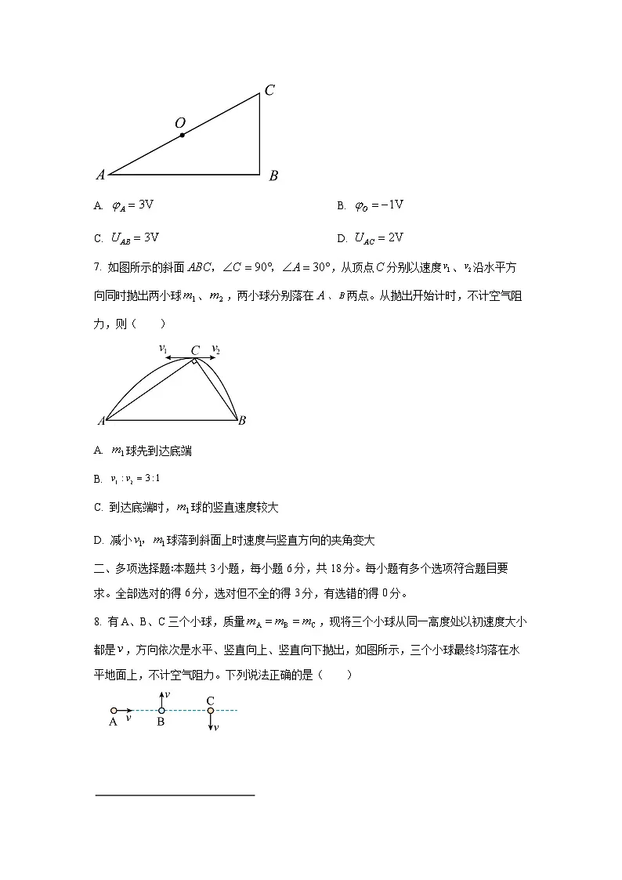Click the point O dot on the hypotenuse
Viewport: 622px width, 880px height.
pyautogui.click(x=183, y=135)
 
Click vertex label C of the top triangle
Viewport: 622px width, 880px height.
pyautogui.click(x=269, y=90)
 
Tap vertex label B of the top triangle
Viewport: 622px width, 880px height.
pyautogui.click(x=273, y=176)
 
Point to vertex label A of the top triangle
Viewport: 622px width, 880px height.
pyautogui.click(x=100, y=176)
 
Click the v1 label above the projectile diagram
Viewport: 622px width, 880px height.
pyautogui.click(x=163, y=347)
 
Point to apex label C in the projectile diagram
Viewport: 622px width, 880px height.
pyautogui.click(x=195, y=349)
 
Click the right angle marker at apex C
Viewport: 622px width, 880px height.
pyautogui.click(x=194, y=362)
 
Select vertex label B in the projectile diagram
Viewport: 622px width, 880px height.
pyautogui.click(x=242, y=421)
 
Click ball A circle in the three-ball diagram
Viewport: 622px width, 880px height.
pyautogui.click(x=114, y=711)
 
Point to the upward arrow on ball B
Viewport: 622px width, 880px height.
pyautogui.click(x=161, y=699)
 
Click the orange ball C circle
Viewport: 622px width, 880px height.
pyautogui.click(x=210, y=711)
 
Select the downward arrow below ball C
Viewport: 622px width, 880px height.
pyautogui.click(x=210, y=723)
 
